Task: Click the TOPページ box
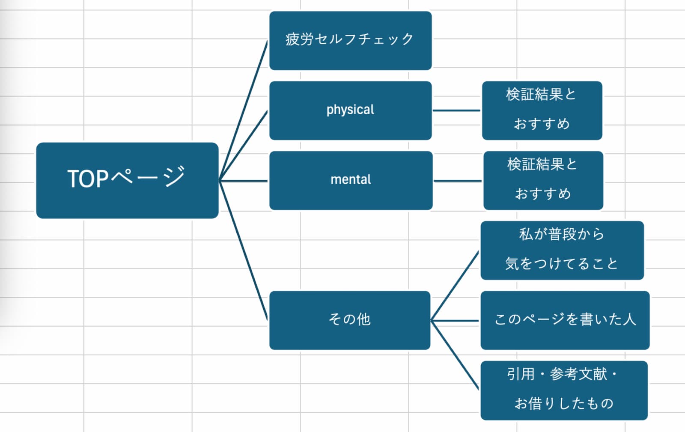127,180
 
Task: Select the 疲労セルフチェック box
350,40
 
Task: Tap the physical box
350,110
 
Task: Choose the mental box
351,180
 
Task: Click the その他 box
349,320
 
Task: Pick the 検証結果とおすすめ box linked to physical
542,110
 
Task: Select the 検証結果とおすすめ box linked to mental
543,180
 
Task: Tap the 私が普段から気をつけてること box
562,250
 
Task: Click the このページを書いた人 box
565,320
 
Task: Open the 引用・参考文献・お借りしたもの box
564,390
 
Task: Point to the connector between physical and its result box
456,110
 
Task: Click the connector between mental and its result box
457,181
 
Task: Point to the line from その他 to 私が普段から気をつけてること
455,286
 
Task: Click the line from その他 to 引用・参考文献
455,355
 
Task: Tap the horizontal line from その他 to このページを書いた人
455,320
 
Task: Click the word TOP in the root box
88,179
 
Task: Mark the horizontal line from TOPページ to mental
243,181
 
